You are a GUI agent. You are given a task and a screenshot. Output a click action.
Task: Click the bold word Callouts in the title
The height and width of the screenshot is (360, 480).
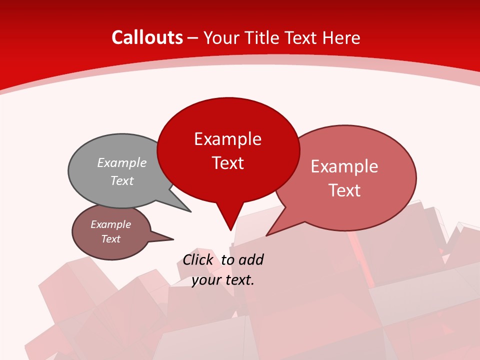coord(147,37)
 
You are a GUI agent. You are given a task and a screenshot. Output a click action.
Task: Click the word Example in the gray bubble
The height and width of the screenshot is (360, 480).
coord(122,163)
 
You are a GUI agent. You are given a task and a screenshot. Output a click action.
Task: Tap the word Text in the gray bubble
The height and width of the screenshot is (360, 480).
coord(122,181)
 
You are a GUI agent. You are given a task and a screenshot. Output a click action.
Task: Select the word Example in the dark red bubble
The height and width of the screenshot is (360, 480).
coord(227,139)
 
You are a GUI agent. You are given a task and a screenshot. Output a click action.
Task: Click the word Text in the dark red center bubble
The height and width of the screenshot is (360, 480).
coord(228,163)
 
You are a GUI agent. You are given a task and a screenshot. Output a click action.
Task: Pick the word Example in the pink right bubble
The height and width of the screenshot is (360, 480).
coord(344,166)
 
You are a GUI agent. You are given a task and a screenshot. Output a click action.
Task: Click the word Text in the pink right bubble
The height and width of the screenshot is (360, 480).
coord(344,190)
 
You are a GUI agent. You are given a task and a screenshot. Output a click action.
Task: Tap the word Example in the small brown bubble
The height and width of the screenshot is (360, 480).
coord(110,224)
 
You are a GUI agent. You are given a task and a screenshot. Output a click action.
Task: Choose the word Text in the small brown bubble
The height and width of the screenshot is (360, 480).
coord(110,239)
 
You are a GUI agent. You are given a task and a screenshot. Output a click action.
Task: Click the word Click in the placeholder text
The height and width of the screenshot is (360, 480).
coord(198,259)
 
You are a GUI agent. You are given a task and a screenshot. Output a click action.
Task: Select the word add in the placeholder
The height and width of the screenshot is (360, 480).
coord(251,259)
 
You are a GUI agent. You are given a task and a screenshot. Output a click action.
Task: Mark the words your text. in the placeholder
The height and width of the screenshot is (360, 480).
coord(223,280)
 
